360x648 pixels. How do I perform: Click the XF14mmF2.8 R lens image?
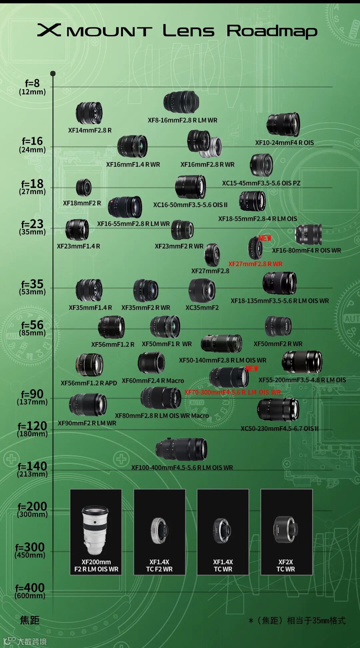(89, 113)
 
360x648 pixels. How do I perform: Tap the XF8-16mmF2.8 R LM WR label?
(182, 120)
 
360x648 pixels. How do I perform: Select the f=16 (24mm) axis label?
(32, 145)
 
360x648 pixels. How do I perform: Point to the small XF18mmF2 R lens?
(83, 187)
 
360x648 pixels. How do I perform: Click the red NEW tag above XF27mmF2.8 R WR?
(265, 238)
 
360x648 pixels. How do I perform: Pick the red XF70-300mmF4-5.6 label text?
(232, 392)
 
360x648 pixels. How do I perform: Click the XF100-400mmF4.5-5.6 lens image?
(181, 449)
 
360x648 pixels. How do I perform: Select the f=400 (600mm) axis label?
(30, 591)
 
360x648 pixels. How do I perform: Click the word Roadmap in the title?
(272, 31)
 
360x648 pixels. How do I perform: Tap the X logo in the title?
(49, 30)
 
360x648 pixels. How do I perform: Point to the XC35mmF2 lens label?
(202, 308)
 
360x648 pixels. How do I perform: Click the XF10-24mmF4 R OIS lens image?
(283, 125)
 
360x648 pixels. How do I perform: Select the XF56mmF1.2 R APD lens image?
(89, 365)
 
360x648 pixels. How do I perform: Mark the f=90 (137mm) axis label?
(32, 397)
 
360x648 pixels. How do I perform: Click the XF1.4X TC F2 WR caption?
(159, 566)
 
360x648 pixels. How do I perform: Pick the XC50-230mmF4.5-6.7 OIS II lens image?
(278, 410)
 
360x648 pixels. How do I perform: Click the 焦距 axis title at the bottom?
(30, 620)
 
